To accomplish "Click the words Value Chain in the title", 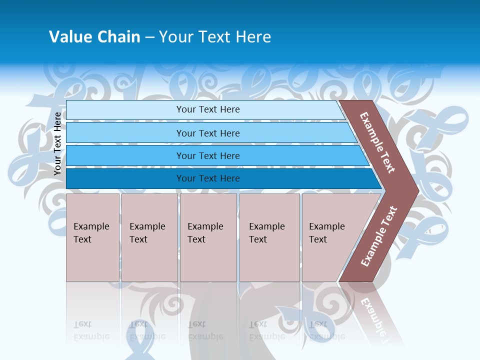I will coord(94,37).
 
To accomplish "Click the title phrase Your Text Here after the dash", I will coord(215,37).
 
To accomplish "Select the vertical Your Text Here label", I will coord(57,143).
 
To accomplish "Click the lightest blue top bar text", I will coord(208,109).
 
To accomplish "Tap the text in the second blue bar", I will coord(208,133).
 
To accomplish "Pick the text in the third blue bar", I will coord(208,156).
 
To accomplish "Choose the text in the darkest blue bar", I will coord(208,178).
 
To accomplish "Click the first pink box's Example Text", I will coord(91,233).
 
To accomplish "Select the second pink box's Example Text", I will coord(147,233).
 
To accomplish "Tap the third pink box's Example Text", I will coord(205,233).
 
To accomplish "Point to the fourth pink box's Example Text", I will coord(266,233).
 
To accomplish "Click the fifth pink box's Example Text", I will coord(326,233).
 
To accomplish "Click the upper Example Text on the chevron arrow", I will coord(377,142).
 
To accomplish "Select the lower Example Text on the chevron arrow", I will coord(379,236).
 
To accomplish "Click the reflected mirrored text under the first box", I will coord(91,330).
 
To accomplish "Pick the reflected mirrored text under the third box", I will coord(205,330).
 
